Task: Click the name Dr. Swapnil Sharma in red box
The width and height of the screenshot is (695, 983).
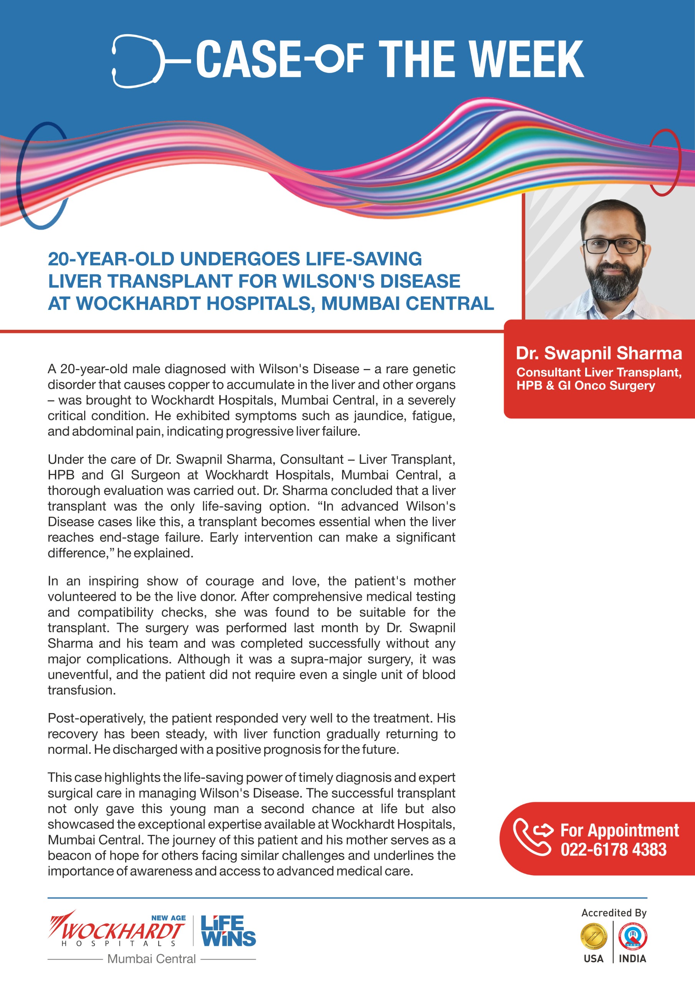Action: pyautogui.click(x=598, y=354)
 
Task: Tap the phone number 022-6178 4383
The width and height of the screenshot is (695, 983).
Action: pyautogui.click(x=613, y=850)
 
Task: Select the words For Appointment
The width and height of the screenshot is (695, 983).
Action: pyautogui.click(x=619, y=830)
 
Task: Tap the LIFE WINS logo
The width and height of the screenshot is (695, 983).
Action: pyautogui.click(x=228, y=931)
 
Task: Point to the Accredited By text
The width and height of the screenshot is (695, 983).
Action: pyautogui.click(x=614, y=913)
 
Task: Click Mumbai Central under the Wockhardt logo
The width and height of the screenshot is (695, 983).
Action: pyautogui.click(x=151, y=959)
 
